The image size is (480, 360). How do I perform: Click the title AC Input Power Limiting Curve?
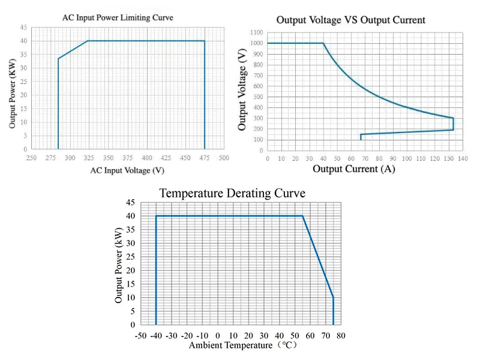[118, 17]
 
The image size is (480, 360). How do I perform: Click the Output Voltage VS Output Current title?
[350, 20]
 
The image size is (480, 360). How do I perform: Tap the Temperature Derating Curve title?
[232, 193]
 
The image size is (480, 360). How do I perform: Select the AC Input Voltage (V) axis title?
[127, 170]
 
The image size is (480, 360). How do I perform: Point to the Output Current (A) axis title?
[353, 169]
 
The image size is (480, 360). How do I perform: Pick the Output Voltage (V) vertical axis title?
[242, 90]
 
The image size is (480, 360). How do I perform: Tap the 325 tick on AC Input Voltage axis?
[88, 158]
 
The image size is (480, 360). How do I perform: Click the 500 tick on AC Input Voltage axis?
[224, 158]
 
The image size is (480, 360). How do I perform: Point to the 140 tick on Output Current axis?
[463, 159]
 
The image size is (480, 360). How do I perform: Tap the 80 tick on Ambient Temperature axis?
[341, 335]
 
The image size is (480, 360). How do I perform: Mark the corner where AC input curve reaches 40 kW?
[88, 41]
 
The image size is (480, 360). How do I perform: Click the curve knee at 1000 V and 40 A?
[323, 43]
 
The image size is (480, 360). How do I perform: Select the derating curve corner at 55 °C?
[302, 216]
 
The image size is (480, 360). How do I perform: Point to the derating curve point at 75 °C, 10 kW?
[333, 298]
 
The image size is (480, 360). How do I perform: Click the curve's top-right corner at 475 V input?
[205, 41]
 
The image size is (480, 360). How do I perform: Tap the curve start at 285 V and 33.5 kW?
[58, 58]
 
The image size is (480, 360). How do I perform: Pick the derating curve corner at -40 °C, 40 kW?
[156, 216]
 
